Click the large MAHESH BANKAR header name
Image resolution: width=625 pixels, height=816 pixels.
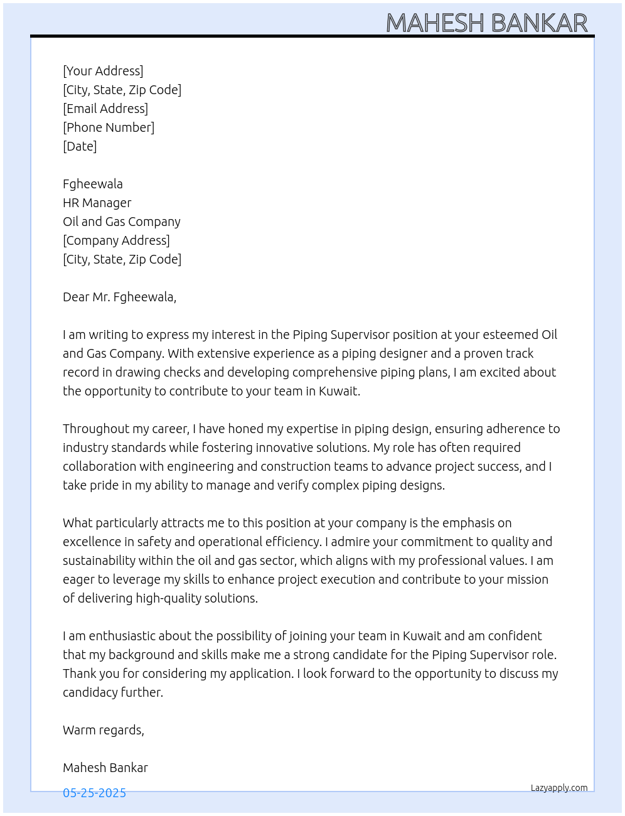tap(486, 23)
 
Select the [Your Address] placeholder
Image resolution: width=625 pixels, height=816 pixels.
tap(103, 71)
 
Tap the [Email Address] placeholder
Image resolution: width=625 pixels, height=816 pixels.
tap(105, 109)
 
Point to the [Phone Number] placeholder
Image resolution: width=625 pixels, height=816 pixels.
tap(109, 127)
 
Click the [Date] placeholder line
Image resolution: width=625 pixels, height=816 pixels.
tap(80, 146)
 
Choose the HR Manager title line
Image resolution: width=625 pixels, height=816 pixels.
tap(97, 203)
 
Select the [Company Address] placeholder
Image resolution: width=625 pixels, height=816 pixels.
tap(116, 240)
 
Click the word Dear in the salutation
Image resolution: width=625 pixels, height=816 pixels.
tap(76, 297)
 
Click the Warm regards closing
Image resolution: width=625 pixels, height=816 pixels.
tap(104, 730)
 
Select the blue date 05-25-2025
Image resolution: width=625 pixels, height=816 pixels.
tap(94, 793)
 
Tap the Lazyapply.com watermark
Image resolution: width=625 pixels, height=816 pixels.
tap(559, 788)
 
